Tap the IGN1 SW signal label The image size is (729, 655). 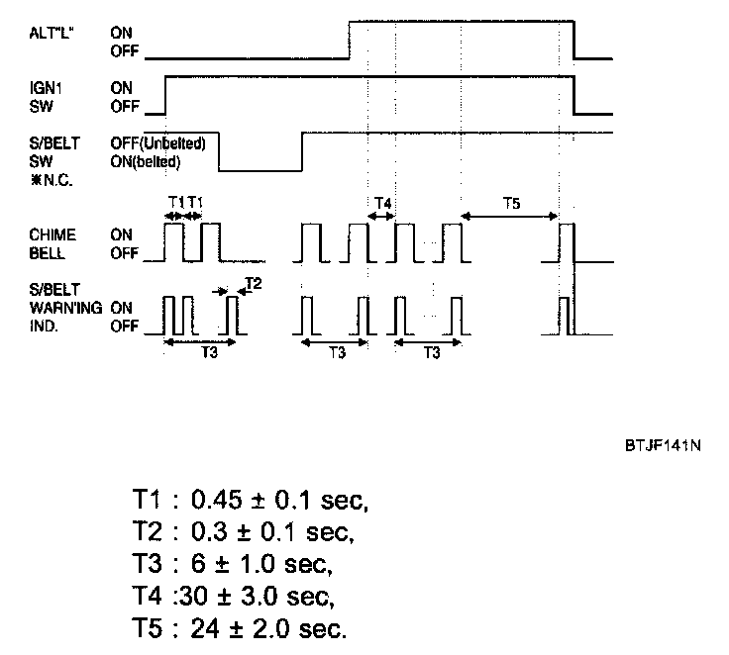47,95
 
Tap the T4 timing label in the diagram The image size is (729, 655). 381,204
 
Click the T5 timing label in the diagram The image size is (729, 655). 510,204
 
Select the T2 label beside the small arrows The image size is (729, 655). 254,284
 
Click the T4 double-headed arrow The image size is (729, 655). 381,218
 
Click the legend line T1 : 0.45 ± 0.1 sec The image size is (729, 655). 250,499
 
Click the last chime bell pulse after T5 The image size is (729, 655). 567,242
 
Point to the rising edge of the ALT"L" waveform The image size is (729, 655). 350,40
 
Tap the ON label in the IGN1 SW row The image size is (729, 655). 121,87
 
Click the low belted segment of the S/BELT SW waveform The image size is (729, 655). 260,169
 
